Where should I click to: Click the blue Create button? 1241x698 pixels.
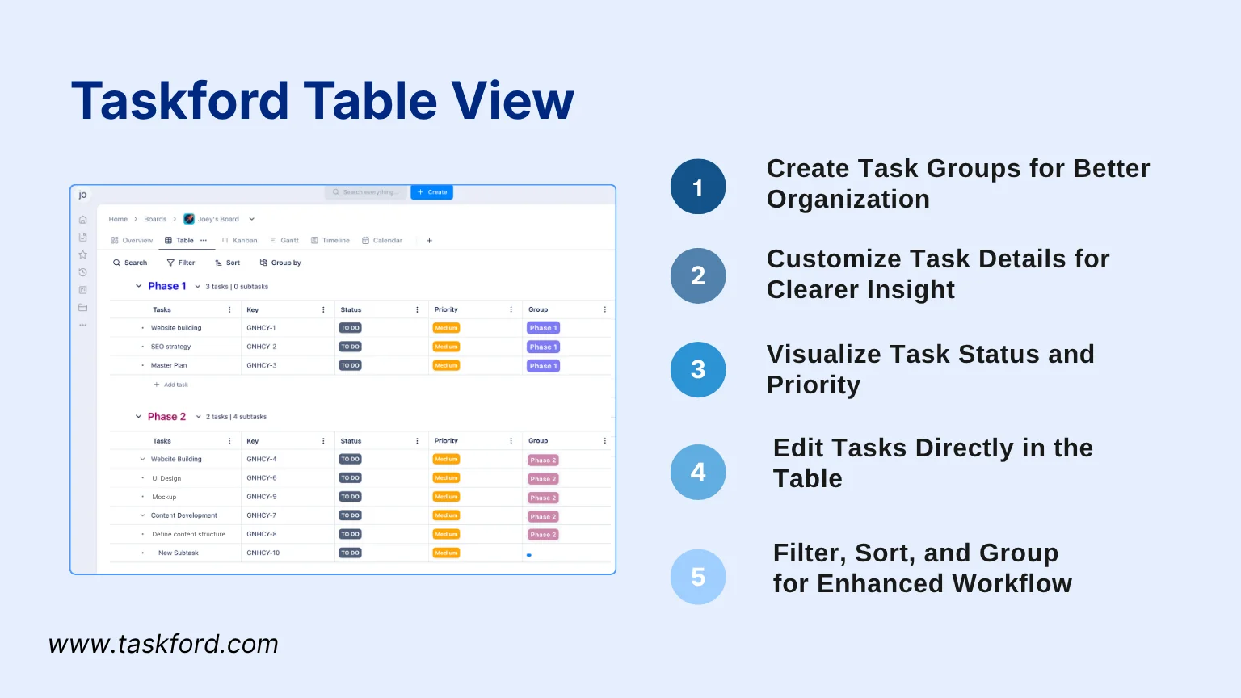(x=432, y=192)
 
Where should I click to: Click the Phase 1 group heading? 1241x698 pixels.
(x=166, y=286)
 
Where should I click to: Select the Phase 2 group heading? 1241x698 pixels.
(x=166, y=417)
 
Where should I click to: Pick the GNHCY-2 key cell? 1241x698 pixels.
(x=262, y=347)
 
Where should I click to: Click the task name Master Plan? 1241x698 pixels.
(x=169, y=365)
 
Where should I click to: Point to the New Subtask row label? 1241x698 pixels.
(x=179, y=553)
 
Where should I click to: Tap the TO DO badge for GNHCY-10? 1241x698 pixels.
(x=350, y=553)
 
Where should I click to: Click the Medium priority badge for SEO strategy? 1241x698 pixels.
(x=446, y=347)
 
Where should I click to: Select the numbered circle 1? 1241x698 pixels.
(x=698, y=187)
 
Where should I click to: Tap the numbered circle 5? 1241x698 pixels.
(x=698, y=577)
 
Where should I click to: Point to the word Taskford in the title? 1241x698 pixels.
(x=179, y=101)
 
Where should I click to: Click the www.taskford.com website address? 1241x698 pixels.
(x=163, y=644)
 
